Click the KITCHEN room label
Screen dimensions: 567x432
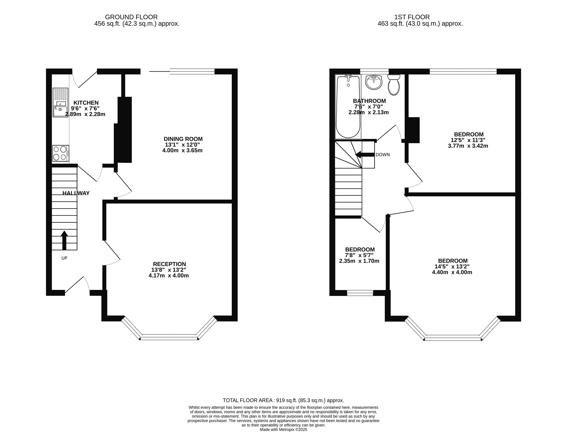click(86, 103)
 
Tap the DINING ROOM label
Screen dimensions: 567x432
click(183, 139)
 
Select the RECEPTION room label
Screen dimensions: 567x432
click(169, 264)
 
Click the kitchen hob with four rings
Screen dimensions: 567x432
click(61, 153)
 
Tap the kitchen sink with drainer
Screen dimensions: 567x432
click(60, 102)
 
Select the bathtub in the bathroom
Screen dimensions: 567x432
click(348, 107)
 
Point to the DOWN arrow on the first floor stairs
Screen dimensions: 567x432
click(365, 155)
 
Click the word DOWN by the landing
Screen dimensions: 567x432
click(383, 155)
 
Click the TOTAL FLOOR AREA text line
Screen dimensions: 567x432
click(283, 400)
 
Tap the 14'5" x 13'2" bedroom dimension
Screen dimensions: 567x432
click(452, 267)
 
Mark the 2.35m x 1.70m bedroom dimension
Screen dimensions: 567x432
click(359, 261)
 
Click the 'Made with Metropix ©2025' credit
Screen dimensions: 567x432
click(283, 429)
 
